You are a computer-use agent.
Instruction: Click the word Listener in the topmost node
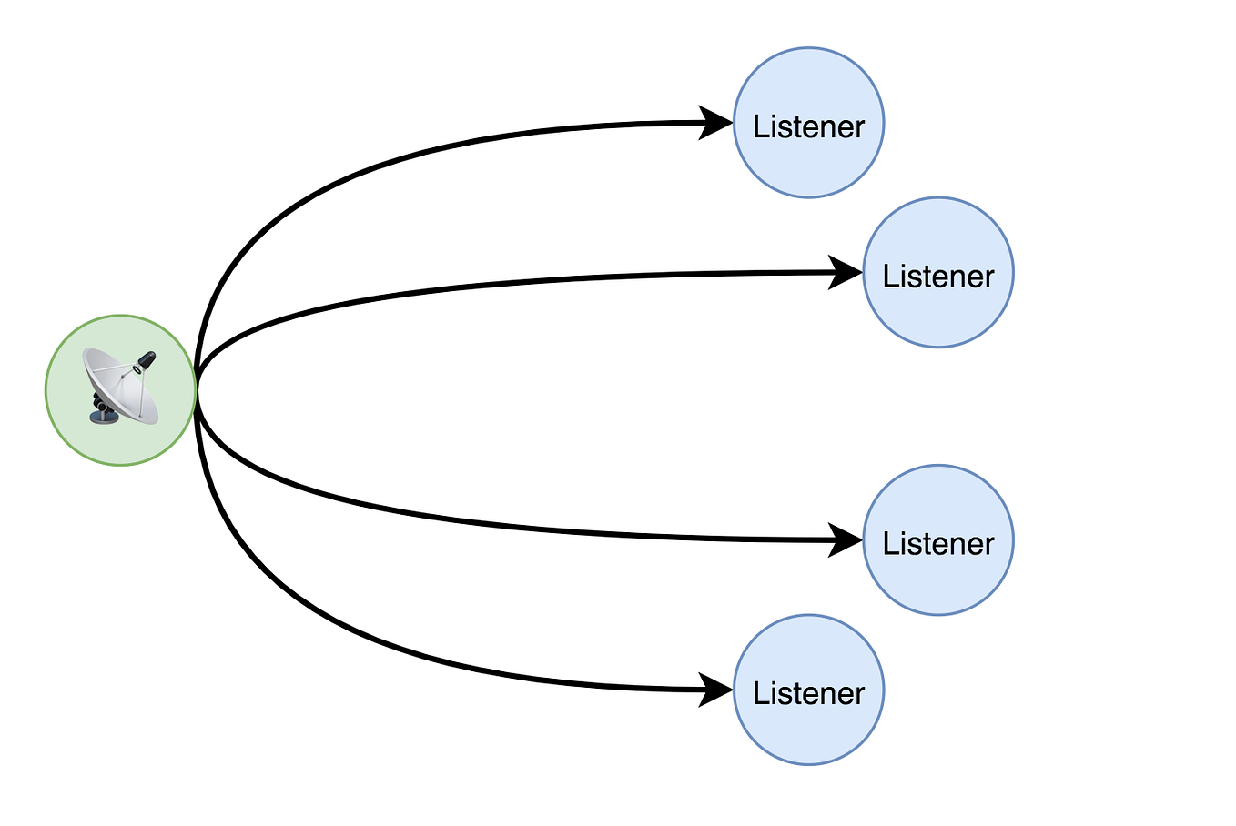point(808,126)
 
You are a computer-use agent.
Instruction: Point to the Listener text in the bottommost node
point(808,693)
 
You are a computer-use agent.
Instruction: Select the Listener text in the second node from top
point(937,276)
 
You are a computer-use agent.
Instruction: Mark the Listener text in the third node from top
point(937,543)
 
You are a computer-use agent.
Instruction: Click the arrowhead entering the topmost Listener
point(716,123)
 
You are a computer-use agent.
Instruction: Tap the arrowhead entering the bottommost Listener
point(716,690)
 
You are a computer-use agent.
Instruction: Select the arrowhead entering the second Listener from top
point(846,272)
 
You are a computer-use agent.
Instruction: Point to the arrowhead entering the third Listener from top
point(846,539)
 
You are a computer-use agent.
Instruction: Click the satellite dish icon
point(120,388)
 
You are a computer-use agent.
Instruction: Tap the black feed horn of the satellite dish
point(144,361)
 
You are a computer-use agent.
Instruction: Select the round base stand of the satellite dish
point(102,417)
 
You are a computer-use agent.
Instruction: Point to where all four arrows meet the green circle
point(197,390)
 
